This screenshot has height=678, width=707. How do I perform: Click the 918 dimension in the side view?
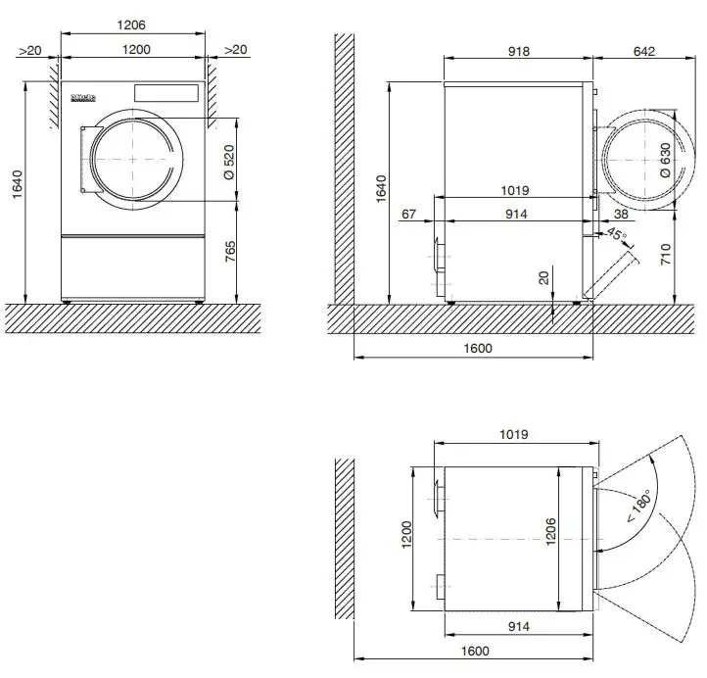point(518,51)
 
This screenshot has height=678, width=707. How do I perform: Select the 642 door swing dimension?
point(642,51)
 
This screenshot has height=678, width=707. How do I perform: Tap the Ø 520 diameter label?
point(228,160)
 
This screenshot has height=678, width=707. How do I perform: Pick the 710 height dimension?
point(665,257)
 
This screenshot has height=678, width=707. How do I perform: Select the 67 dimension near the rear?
point(409,214)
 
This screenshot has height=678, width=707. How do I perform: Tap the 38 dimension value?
point(621,214)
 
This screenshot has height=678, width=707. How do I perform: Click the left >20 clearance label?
point(30,51)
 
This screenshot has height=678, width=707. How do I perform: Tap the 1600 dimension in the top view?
point(476,651)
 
